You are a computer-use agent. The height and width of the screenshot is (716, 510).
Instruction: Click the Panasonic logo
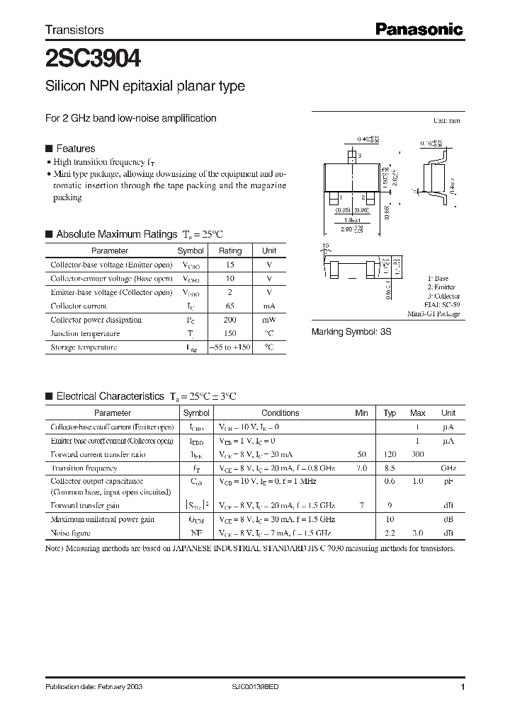[419, 29]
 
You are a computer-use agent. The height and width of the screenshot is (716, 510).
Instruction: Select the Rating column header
[230, 250]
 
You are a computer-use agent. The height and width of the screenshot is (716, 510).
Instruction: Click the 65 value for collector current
[230, 306]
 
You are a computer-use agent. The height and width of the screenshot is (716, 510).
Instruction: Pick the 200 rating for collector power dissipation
[230, 320]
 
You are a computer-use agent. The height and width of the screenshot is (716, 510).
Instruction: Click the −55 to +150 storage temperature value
[230, 347]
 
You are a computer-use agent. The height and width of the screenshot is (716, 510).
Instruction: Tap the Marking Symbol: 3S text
[352, 331]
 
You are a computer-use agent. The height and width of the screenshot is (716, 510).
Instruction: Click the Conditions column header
[280, 413]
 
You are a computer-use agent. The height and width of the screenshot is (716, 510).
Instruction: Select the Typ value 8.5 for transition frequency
[390, 468]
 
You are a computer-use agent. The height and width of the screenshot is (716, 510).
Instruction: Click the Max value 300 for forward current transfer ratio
[417, 454]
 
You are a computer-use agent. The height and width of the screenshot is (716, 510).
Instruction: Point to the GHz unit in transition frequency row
[448, 468]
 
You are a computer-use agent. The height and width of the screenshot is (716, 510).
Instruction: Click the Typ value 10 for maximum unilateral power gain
[390, 519]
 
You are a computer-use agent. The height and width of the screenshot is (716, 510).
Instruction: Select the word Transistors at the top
[74, 30]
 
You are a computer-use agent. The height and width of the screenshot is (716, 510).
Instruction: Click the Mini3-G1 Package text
[433, 313]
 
